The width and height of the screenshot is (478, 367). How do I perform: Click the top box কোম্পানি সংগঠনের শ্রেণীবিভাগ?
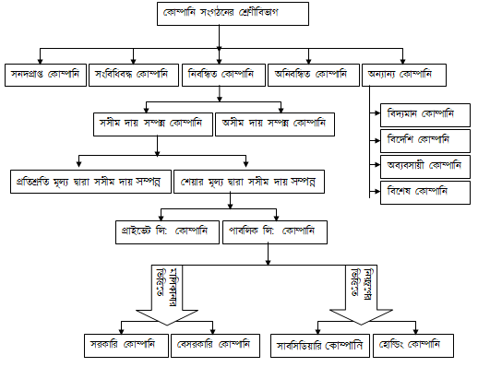(x=220, y=16)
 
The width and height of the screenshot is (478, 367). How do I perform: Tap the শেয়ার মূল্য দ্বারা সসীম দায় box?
(x=247, y=182)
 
